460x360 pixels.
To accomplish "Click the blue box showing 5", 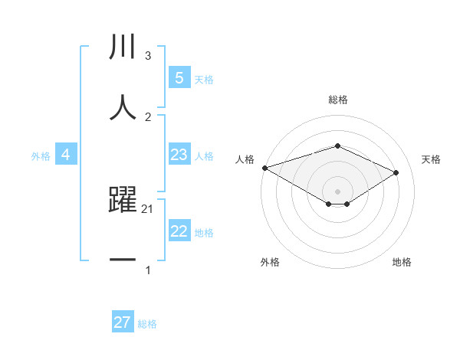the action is (179, 77).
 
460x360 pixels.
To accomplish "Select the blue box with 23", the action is (179, 155).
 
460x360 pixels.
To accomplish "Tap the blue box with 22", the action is (179, 231).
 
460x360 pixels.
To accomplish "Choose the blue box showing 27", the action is (123, 322).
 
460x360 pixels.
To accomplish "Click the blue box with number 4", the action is (66, 155).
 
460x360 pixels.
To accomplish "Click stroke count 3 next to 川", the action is (148, 56).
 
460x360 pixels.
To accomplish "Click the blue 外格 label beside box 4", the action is (41, 155).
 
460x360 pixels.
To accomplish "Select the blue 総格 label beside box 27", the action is (147, 324).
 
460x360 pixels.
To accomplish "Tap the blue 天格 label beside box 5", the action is (204, 79).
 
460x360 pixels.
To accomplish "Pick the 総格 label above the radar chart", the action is (337, 100).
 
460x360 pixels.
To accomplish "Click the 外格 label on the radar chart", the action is (270, 262).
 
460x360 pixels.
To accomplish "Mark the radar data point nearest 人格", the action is (264, 167).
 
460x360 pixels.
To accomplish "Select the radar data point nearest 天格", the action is (396, 172).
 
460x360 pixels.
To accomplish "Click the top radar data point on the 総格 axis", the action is (337, 146).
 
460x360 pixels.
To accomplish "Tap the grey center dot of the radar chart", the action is (337, 191).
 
